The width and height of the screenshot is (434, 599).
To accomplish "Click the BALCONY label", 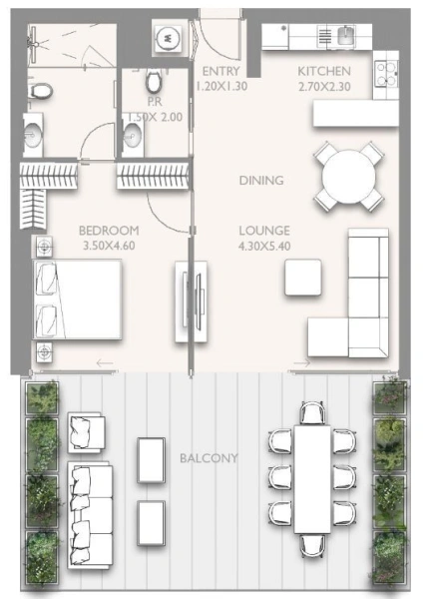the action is pyautogui.click(x=209, y=457).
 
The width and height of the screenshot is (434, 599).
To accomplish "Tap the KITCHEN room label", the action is pyautogui.click(x=324, y=71).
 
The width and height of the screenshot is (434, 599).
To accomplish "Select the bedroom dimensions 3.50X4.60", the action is pyautogui.click(x=109, y=246).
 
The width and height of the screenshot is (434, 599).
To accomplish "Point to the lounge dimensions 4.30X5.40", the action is pyautogui.click(x=264, y=246).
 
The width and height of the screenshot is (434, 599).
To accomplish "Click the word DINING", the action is pyautogui.click(x=261, y=180).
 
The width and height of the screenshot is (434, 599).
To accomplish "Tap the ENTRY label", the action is pyautogui.click(x=221, y=71).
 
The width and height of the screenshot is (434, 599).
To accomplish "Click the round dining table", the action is pyautogui.click(x=348, y=176).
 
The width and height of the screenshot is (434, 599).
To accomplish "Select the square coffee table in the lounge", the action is pyautogui.click(x=302, y=278).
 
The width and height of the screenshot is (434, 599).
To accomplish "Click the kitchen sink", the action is pyautogui.click(x=346, y=35).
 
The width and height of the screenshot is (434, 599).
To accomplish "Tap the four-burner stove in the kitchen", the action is pyautogui.click(x=385, y=73).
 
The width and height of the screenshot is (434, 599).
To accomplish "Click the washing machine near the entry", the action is pyautogui.click(x=168, y=38).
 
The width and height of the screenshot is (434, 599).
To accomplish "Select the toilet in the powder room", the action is pyautogui.click(x=155, y=81).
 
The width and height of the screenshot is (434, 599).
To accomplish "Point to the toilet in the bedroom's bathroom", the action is pyautogui.click(x=40, y=91).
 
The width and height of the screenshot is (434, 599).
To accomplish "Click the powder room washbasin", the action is pyautogui.click(x=133, y=135).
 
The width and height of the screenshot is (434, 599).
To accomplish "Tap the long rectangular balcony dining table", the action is pyautogui.click(x=312, y=479).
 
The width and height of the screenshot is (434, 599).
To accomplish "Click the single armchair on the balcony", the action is pyautogui.click(x=86, y=432).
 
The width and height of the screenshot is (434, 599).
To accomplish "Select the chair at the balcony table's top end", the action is pyautogui.click(x=312, y=413).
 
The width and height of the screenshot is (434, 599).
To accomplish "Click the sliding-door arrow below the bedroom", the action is pyautogui.click(x=105, y=363).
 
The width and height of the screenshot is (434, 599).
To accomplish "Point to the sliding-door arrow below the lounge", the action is pyautogui.click(x=302, y=363).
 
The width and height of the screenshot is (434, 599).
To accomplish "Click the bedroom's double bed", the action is pyautogui.click(x=78, y=299).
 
